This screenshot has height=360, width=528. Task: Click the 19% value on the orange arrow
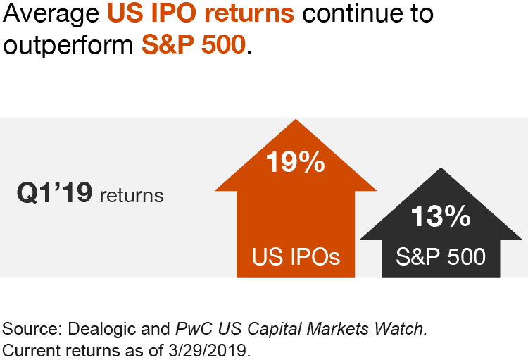pos(295,163)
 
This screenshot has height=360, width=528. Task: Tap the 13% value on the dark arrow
pos(441,216)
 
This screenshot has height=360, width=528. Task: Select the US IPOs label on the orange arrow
pos(296,256)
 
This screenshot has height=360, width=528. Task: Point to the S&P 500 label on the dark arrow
pos(441,256)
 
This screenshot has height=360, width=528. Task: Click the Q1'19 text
pos(54,193)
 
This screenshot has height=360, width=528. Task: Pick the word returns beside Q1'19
pos(132,195)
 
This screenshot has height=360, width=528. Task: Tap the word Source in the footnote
pos(29,328)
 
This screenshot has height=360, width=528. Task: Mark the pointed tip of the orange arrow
pos(296,119)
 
